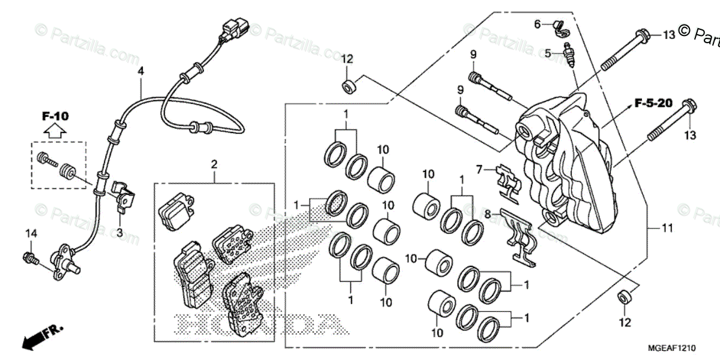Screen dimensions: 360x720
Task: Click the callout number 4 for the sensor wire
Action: point(141,71)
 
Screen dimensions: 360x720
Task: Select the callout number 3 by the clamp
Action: point(119,232)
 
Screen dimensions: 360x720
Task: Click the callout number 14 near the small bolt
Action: point(31,232)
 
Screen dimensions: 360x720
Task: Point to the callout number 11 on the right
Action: point(668,228)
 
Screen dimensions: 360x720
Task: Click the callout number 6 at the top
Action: point(538,24)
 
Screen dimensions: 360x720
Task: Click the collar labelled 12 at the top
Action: point(347,86)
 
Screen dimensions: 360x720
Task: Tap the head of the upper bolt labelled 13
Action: point(642,35)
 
